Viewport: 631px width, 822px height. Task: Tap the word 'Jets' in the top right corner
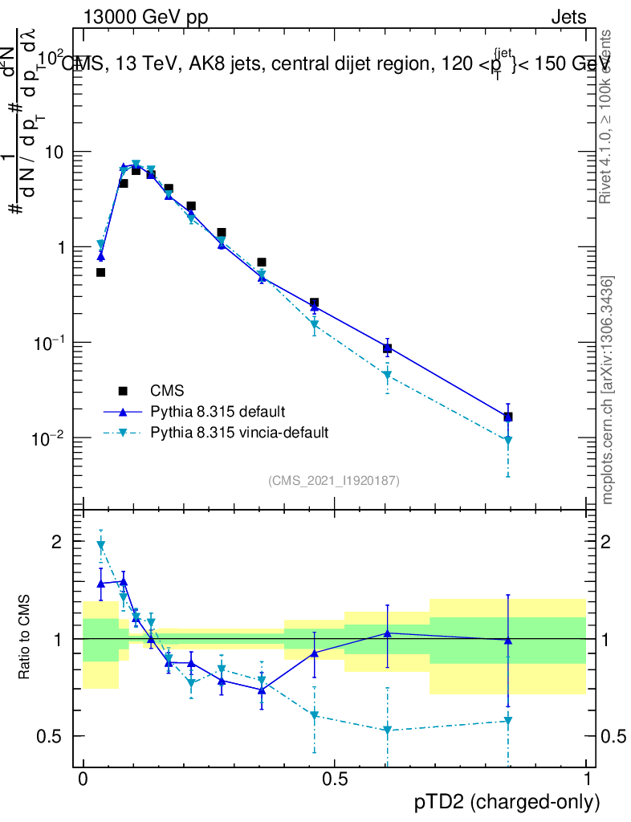click(x=568, y=18)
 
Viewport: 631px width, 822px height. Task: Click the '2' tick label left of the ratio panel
click(x=56, y=542)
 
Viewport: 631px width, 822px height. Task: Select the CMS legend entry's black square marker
click(x=123, y=391)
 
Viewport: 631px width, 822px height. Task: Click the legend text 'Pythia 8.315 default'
click(x=217, y=412)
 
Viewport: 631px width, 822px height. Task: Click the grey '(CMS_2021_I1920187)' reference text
click(x=334, y=480)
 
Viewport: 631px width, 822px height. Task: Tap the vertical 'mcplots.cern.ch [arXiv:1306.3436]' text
click(x=608, y=391)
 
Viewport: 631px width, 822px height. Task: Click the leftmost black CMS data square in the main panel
click(x=101, y=272)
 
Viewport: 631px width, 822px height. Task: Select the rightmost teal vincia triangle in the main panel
click(x=507, y=441)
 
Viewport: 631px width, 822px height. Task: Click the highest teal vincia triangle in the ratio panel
click(x=101, y=546)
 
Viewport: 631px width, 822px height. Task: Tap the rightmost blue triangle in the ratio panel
click(x=507, y=640)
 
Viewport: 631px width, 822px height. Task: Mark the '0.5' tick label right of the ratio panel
click(x=613, y=736)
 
